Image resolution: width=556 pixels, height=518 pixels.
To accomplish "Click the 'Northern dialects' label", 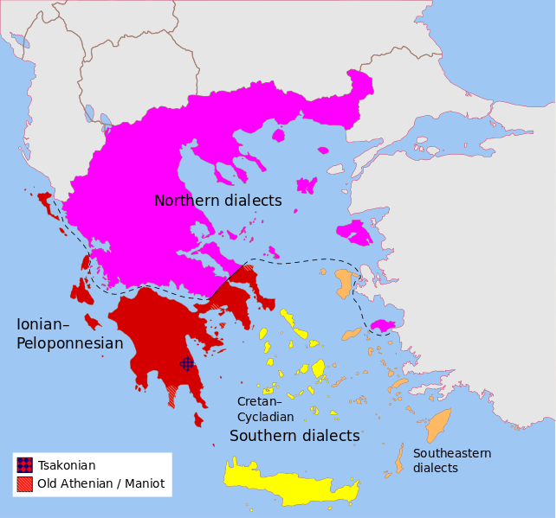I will (x=217, y=201).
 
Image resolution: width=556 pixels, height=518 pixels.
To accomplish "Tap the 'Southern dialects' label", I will (x=294, y=436).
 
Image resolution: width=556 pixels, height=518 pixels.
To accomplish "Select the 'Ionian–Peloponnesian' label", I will (x=69, y=334).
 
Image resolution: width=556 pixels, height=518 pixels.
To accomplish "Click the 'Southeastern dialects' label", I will (x=451, y=460).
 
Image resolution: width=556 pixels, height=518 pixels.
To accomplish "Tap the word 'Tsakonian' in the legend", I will (x=67, y=465).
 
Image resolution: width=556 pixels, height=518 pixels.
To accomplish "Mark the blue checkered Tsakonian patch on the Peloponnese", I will (x=186, y=364).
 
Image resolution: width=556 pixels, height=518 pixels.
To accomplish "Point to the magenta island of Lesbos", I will (x=354, y=232).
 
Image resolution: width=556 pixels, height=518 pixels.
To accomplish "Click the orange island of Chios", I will (x=344, y=283).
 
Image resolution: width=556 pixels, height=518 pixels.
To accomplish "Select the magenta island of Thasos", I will (x=278, y=135).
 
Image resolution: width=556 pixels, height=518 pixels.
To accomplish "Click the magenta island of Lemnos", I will (x=306, y=184).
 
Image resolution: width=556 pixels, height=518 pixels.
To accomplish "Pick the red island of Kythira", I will (x=198, y=419).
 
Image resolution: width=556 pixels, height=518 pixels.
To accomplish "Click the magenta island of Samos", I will (x=382, y=326).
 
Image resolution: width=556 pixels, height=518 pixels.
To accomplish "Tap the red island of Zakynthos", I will (x=92, y=322).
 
